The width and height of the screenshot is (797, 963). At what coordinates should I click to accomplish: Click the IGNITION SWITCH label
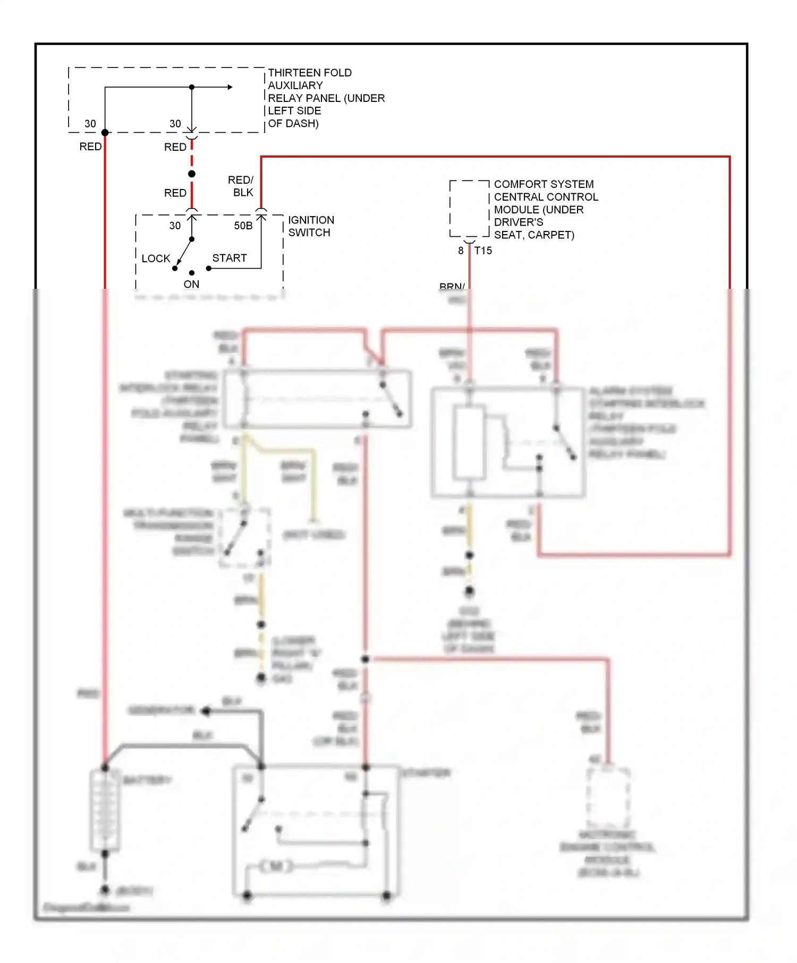point(311,226)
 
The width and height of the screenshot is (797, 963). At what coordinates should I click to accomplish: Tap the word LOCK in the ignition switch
point(156,259)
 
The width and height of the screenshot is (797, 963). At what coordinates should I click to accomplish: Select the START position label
point(230,258)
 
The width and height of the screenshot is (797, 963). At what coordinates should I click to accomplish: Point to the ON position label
point(191,285)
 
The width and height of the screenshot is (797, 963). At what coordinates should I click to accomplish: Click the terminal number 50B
point(243,226)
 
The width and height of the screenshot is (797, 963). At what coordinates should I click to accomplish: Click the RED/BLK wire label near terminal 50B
point(241,186)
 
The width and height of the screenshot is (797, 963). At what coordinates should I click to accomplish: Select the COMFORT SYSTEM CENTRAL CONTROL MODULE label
point(545,209)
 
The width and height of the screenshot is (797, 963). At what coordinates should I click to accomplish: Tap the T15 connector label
point(483,251)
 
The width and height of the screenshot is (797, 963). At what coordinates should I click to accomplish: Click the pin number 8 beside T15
point(461,251)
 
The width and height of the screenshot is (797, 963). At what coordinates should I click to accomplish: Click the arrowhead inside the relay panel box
point(230,87)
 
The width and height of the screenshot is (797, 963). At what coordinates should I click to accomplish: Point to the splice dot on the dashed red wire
point(192,174)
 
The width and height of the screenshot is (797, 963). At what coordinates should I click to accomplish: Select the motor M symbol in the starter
point(276,867)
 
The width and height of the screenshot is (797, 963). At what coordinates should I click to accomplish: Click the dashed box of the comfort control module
point(469,209)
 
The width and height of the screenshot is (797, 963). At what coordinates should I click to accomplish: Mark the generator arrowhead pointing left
point(206,711)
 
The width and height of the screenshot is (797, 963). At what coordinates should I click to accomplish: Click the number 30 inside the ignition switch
point(175,226)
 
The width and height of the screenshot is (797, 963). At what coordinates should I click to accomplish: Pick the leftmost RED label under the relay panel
point(90,147)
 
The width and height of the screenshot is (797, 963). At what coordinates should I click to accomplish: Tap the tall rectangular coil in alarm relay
point(469,442)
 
